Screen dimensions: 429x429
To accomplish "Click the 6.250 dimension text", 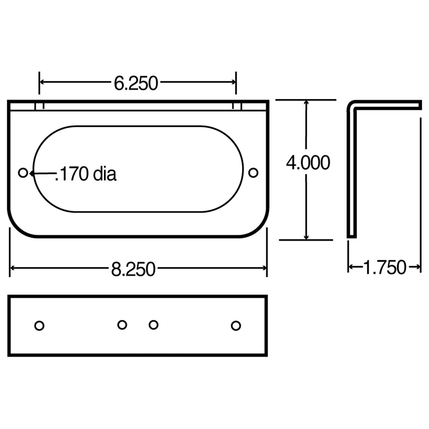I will pyautogui.click(x=136, y=83).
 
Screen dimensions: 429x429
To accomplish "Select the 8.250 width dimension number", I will pyautogui.click(x=133, y=269).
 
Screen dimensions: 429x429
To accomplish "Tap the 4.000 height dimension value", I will pyautogui.click(x=308, y=163).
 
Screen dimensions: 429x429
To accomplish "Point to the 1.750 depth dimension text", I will pyautogui.click(x=384, y=267).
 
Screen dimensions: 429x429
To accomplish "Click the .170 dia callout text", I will pyautogui.click(x=86, y=174).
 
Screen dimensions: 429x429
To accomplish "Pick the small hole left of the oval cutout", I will pyautogui.click(x=23, y=173).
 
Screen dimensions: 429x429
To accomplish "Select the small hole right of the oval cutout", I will pyautogui.click(x=253, y=173).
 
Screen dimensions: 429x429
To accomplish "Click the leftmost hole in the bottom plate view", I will pyautogui.click(x=39, y=326).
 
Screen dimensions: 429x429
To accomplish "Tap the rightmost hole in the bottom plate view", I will pyautogui.click(x=236, y=326).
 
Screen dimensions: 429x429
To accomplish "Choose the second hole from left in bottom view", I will pyautogui.click(x=122, y=325).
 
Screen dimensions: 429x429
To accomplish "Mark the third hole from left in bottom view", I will pyautogui.click(x=154, y=325).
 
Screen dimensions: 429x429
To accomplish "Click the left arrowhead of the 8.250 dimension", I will pyautogui.click(x=12, y=268).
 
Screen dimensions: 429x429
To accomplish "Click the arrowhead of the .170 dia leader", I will pyautogui.click(x=31, y=173).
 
